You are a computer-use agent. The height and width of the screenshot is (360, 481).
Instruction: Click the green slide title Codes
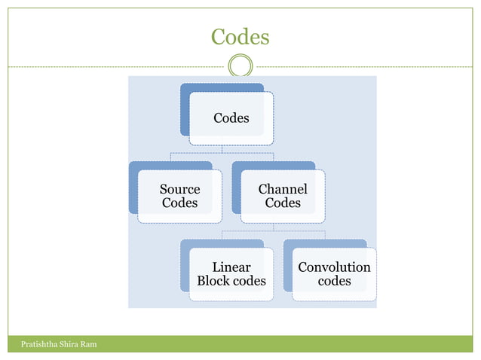[240, 36]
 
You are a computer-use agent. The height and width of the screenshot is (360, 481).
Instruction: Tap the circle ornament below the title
[240, 66]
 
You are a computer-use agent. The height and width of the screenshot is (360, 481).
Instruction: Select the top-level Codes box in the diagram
[231, 118]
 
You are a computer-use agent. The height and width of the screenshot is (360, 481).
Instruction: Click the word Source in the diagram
[179, 189]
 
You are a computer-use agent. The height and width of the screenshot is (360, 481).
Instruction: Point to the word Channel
[283, 189]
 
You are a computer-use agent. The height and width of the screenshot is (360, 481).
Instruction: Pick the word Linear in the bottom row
[231, 267]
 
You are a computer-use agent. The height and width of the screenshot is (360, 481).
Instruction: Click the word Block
[214, 281]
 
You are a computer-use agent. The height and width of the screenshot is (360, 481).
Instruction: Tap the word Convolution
[334, 267]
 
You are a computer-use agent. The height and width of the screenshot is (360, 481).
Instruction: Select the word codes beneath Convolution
[334, 281]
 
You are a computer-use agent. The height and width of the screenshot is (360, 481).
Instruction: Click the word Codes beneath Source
[179, 203]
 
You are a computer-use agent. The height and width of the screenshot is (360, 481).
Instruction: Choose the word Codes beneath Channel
[283, 203]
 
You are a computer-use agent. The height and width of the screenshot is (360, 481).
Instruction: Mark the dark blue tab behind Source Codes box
[133, 188]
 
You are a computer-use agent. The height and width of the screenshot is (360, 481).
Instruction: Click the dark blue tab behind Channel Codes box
[236, 188]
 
